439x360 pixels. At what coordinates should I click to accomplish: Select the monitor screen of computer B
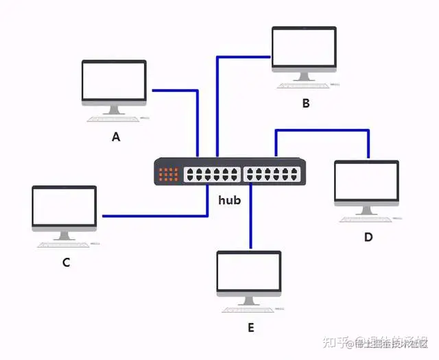pos(304,47)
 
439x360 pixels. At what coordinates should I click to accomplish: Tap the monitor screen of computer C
pos(64,206)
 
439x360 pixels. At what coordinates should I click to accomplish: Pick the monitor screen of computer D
pos(366,181)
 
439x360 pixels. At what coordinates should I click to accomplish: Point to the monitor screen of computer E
pos(248,272)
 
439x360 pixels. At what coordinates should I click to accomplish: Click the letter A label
pos(116,137)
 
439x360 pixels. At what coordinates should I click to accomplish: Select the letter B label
pos(306,104)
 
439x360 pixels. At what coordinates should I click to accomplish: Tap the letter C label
pos(67,262)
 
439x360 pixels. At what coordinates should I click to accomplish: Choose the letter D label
pos(368,237)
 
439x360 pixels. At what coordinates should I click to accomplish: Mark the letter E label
pos(250,328)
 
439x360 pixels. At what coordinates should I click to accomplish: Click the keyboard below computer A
pos(112,119)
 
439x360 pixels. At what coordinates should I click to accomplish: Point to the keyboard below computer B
pos(302,85)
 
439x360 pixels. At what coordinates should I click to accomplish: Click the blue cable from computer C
pos(154,216)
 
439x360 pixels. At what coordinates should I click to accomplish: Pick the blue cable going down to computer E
pos(251,219)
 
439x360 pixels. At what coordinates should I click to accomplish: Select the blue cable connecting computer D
pos(322,130)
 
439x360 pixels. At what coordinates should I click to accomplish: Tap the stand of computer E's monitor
pos(248,300)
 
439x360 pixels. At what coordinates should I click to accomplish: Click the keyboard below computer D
pos(365,219)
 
